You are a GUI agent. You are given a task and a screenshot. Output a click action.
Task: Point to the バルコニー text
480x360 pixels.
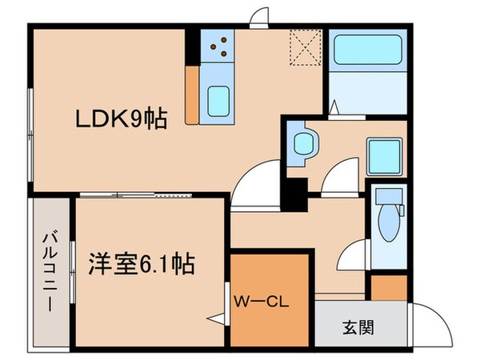tap(49, 271)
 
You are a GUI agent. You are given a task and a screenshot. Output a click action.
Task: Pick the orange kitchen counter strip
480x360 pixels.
tap(192, 94)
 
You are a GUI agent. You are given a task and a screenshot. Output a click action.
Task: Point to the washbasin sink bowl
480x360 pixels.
tap(306, 145)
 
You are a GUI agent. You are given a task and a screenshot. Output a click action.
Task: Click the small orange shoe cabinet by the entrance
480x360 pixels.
tap(390, 286)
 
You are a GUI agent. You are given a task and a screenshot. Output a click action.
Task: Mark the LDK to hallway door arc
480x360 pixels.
tap(254, 178)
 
